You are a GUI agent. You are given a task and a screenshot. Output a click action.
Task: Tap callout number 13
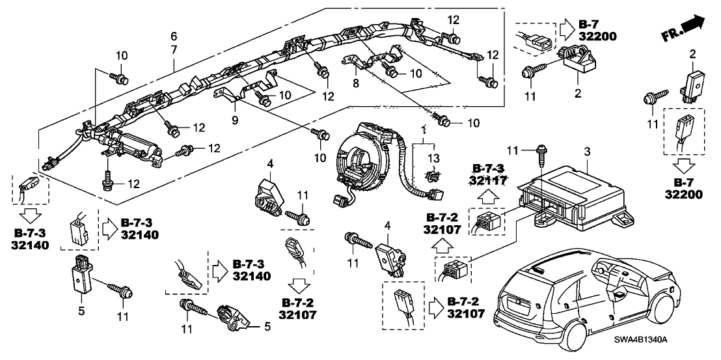click(x=433, y=159)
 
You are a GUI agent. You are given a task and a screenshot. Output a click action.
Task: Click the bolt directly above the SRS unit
click(x=540, y=157)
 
